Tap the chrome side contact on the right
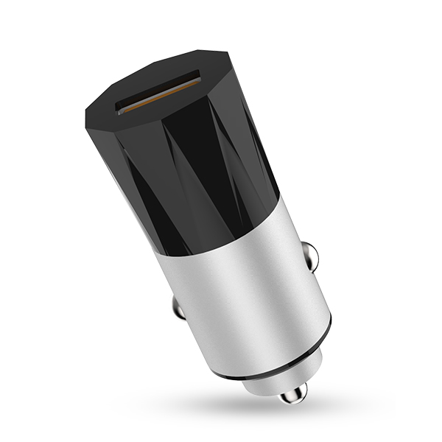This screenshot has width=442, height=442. point(312,257)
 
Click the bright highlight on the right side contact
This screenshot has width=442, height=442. point(315,254)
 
